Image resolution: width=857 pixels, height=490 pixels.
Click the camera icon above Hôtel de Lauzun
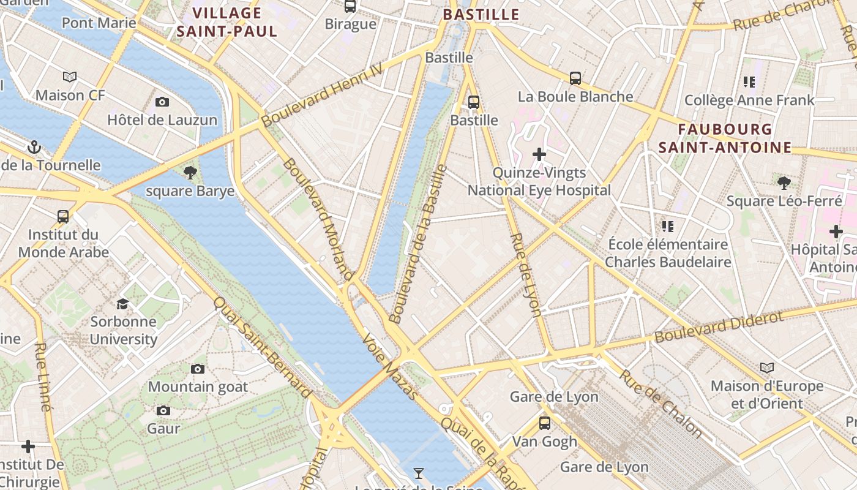tap(162, 102)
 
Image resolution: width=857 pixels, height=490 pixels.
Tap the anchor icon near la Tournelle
tap(34, 147)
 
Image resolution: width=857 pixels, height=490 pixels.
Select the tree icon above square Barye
tap(190, 173)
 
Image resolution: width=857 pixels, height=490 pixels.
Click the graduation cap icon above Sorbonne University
tap(123, 304)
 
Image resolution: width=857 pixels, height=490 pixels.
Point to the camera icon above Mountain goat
tap(197, 369)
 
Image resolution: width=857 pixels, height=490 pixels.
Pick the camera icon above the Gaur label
tap(163, 410)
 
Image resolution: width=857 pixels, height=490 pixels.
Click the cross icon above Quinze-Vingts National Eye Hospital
tap(539, 154)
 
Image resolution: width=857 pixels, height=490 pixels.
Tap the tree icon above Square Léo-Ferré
tap(784, 183)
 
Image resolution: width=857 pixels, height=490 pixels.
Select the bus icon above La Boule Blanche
tap(575, 78)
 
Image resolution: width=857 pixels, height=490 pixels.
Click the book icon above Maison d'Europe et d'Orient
tap(766, 368)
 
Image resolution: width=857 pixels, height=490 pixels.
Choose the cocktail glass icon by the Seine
tap(419, 473)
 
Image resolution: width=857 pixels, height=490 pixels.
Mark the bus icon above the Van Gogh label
tap(544, 423)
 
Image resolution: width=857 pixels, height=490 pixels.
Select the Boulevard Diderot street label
tap(719, 328)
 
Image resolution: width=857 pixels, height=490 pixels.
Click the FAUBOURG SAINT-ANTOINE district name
tap(725, 138)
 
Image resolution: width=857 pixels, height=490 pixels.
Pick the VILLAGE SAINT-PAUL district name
tap(227, 22)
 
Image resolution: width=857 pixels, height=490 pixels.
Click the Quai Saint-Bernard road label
tap(263, 347)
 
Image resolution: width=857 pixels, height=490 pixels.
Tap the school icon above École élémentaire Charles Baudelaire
tap(667, 227)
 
